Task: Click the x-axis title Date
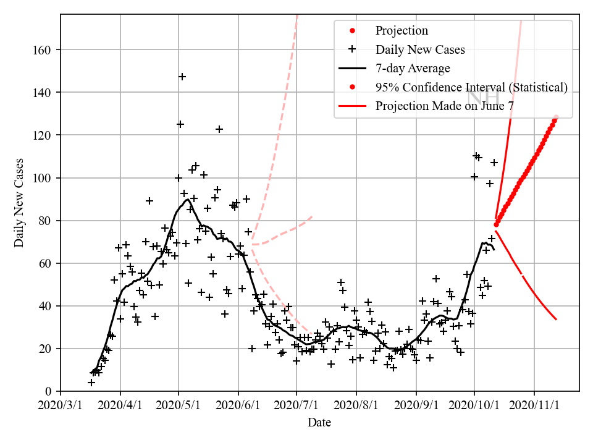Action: pos(319,423)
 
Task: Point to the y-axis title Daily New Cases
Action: pos(20,202)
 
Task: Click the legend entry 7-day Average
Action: pos(413,68)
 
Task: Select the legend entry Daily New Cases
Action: pos(420,49)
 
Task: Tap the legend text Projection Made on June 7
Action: pos(445,106)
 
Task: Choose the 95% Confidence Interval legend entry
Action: pos(471,87)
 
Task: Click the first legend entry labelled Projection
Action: pos(402,31)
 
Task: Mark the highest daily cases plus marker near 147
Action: pos(182,77)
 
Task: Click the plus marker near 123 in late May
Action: pos(219,129)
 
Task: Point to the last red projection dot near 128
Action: pos(557,117)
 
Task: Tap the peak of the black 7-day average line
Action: pos(187,199)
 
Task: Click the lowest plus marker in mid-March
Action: pos(91,383)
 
